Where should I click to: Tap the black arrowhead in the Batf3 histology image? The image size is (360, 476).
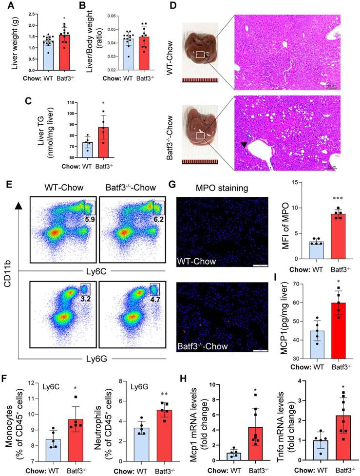coord(244,145)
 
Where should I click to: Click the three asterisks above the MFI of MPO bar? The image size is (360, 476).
coord(320,200)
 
